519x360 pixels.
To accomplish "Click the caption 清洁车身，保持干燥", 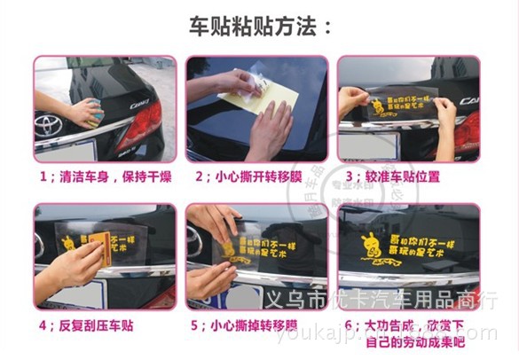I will tap(103, 176).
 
